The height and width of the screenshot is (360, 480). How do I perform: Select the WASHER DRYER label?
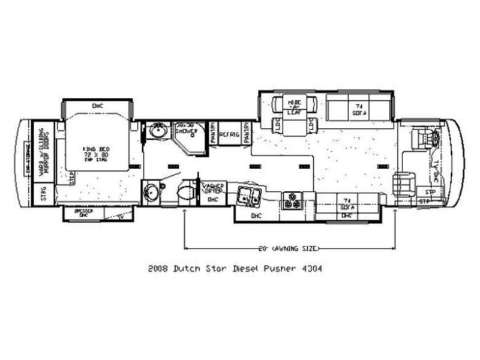pos(212,187)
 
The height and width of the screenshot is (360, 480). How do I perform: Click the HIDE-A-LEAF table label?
pos(294,107)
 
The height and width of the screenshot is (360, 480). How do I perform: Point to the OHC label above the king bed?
pos(98,106)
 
